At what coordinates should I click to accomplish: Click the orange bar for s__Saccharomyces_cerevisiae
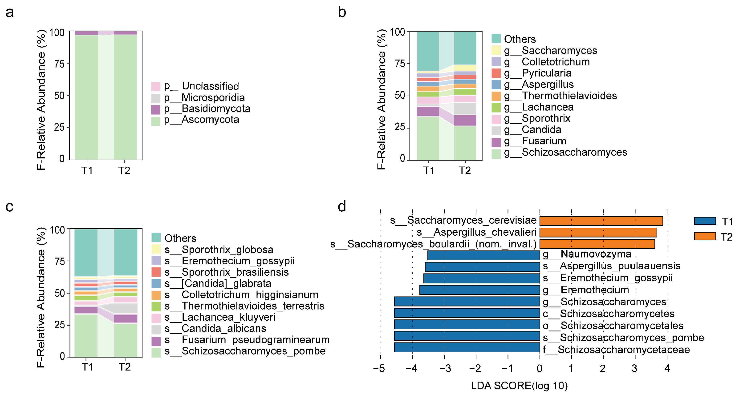point(601,221)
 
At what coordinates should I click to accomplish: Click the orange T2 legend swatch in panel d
point(705,236)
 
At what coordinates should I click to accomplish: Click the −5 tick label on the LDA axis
point(379,368)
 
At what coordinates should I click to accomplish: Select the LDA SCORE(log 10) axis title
point(519,386)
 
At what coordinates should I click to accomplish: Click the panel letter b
point(342,12)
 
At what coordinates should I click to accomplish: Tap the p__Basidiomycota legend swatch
point(155,110)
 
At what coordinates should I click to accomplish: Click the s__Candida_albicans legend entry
point(224,328)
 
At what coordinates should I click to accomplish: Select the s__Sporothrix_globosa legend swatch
point(156,249)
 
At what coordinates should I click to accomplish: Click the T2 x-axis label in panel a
point(124,171)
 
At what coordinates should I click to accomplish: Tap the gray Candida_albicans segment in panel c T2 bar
point(126,308)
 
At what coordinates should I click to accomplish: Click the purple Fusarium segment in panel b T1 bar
point(428,111)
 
